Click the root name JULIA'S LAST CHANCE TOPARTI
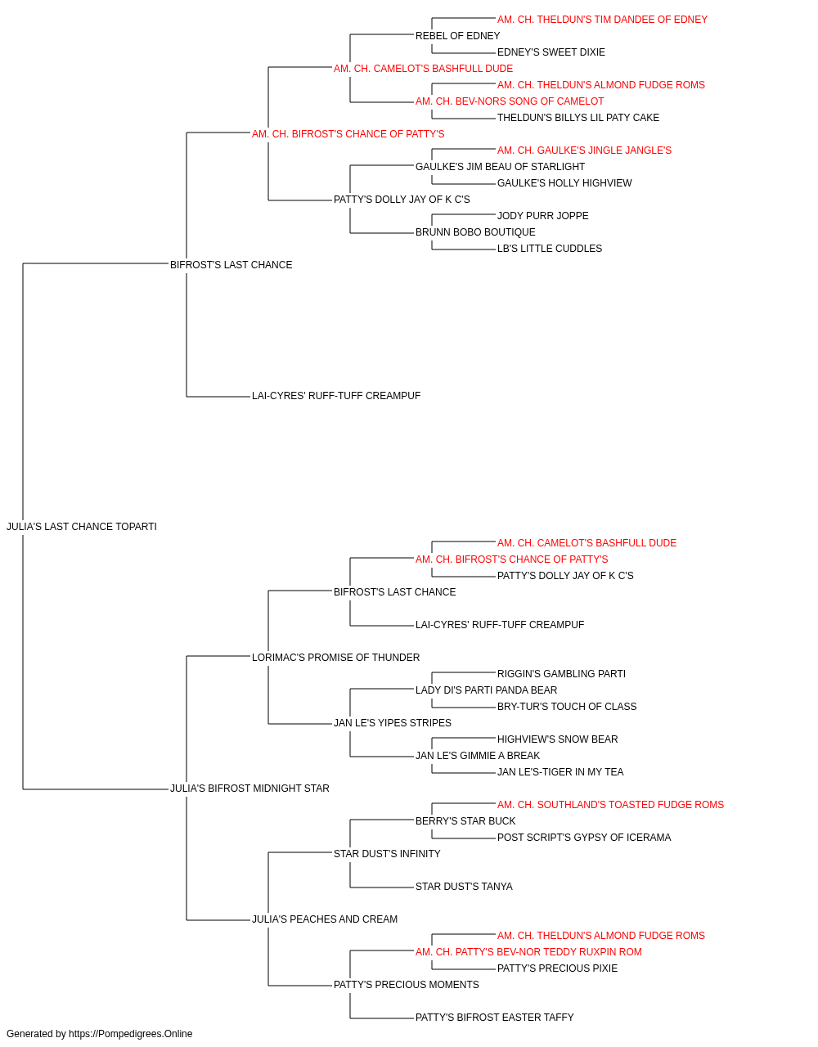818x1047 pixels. tap(82, 527)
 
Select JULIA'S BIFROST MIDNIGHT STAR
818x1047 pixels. tap(249, 789)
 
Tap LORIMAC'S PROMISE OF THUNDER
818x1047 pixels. tap(335, 657)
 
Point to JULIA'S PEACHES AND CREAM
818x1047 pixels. tap(325, 919)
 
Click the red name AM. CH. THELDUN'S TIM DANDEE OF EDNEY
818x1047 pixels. tap(602, 20)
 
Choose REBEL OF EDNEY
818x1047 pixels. tap(457, 36)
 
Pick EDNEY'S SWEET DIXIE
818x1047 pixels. tap(551, 52)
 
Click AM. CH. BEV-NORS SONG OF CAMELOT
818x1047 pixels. tap(510, 101)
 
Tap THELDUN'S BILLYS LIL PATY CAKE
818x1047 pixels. tap(578, 118)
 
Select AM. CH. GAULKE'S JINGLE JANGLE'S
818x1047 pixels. tap(584, 151)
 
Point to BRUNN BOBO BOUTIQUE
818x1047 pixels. tap(475, 232)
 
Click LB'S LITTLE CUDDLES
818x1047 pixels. tap(550, 249)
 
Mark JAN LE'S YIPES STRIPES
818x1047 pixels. tap(393, 723)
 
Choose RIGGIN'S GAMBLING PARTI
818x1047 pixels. tap(561, 673)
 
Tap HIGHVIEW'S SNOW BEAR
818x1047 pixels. tap(557, 739)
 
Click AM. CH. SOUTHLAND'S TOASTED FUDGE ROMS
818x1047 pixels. tap(610, 805)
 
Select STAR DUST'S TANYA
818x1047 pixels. tap(464, 887)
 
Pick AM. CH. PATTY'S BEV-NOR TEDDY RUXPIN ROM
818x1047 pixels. tap(528, 952)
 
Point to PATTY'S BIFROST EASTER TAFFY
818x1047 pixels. tap(495, 1017)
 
